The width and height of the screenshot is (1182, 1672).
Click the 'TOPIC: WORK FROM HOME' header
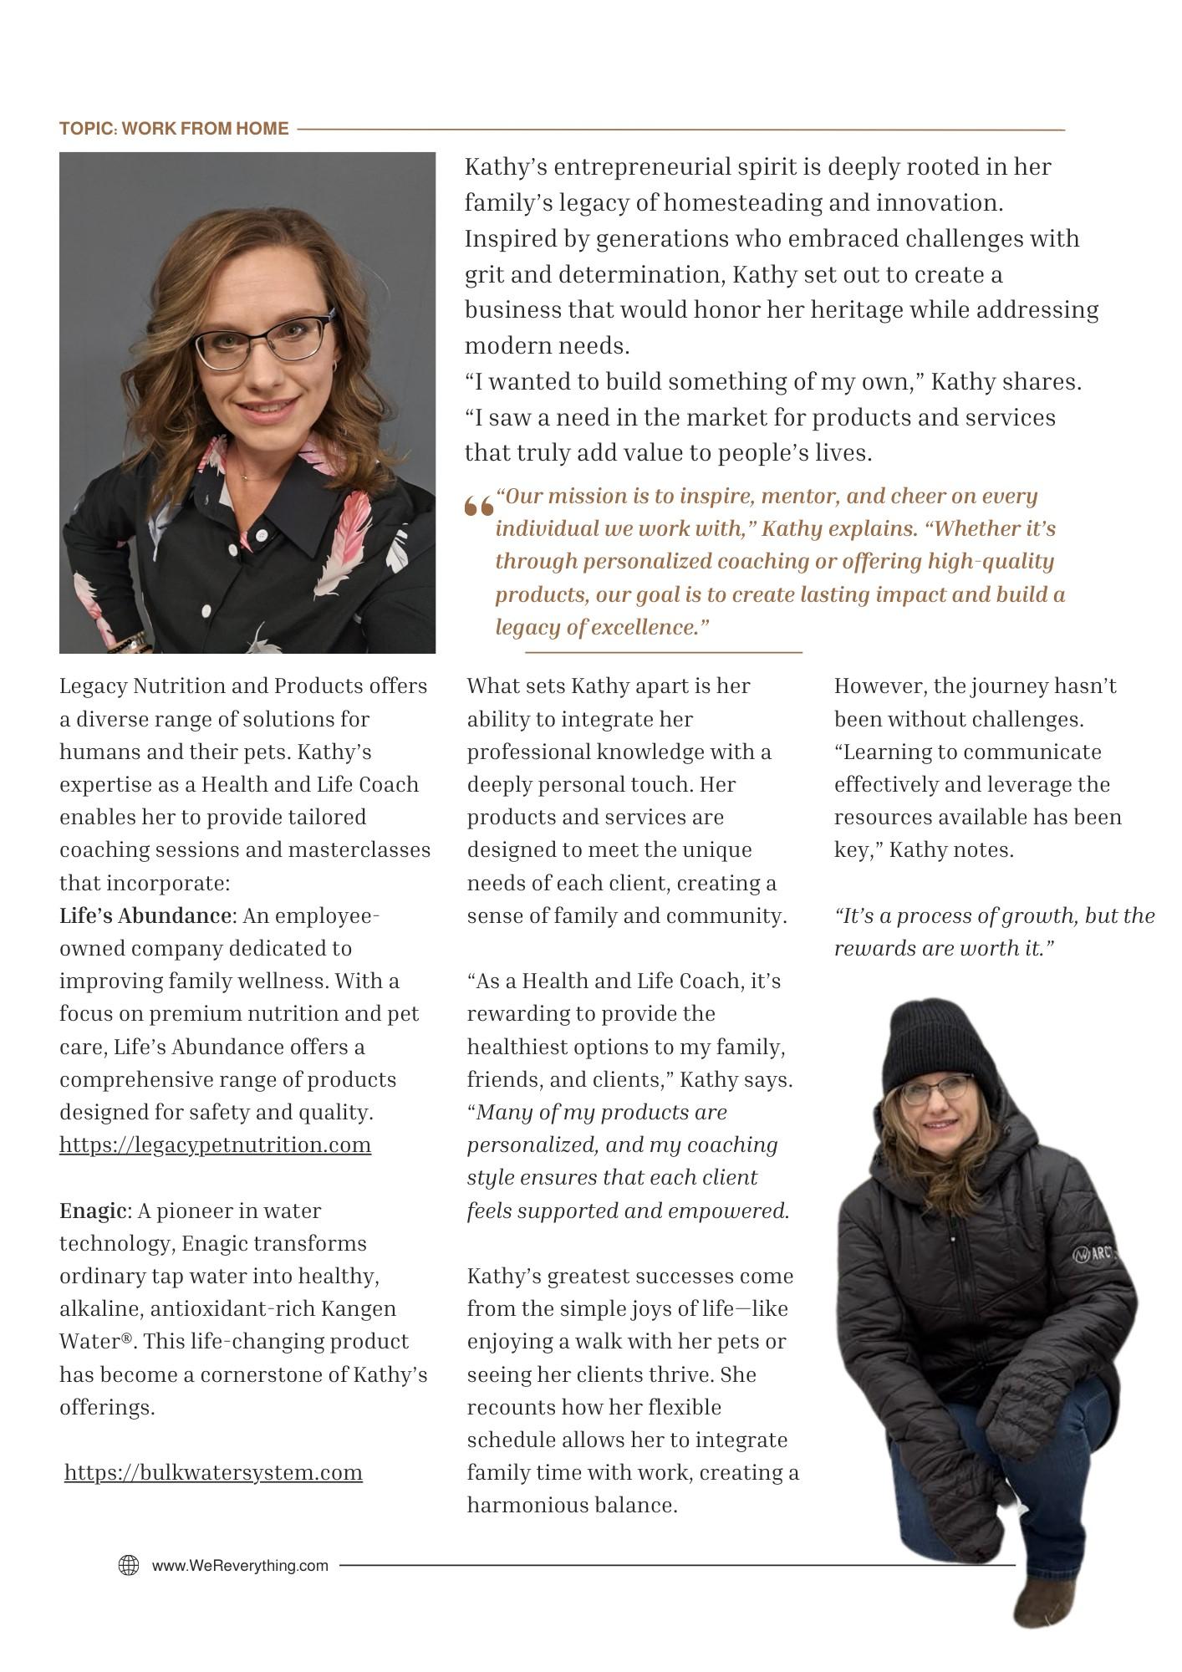[x=174, y=129]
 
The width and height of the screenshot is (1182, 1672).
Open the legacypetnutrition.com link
[x=215, y=1144]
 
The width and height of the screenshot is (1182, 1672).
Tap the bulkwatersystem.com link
[x=213, y=1472]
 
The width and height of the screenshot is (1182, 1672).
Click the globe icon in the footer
[x=129, y=1565]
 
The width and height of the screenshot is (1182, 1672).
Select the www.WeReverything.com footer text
[x=240, y=1566]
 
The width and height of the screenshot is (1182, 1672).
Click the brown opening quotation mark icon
[x=479, y=506]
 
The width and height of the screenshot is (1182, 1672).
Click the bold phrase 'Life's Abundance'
[x=145, y=915]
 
